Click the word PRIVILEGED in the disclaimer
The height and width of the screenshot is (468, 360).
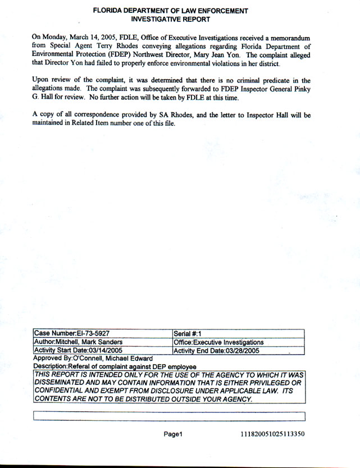coord(263,382)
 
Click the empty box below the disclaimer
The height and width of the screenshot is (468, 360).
coord(169,416)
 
